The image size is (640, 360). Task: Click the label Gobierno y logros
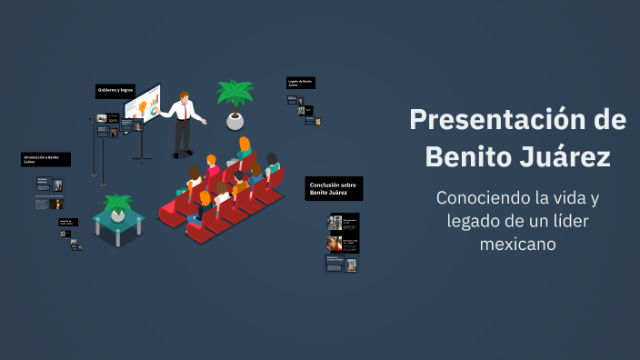coord(115,90)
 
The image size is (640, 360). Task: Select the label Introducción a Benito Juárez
coord(45,159)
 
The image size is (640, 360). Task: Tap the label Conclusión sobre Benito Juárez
coord(334,188)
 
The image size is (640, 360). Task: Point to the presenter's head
coord(185,97)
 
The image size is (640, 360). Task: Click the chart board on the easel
coord(143,107)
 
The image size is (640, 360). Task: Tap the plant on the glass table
coord(117,204)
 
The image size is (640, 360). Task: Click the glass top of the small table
coord(118,217)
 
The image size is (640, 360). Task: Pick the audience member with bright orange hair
coord(245,145)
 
